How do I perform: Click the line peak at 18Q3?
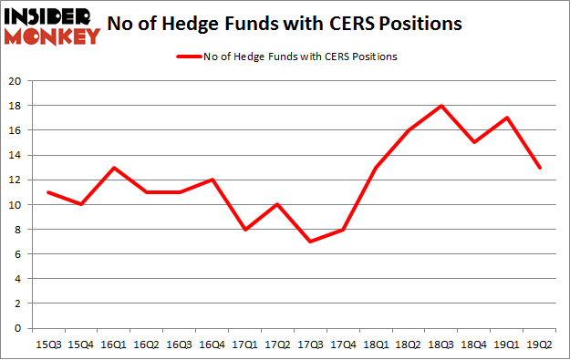click(441, 106)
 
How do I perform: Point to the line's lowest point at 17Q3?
click(310, 242)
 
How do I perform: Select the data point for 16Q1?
click(114, 168)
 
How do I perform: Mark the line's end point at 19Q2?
click(540, 168)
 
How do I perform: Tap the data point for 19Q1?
click(507, 118)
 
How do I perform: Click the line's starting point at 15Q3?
click(48, 192)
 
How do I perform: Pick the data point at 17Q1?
click(245, 230)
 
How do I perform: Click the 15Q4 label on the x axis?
click(81, 345)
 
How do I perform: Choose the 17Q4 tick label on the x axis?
click(343, 345)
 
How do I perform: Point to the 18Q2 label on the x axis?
click(409, 345)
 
